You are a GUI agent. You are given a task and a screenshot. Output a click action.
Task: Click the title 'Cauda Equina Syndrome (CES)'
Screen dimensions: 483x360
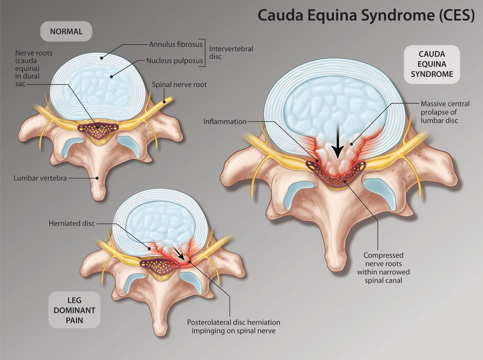point(366,16)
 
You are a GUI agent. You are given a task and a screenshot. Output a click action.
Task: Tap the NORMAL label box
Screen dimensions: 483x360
point(66,32)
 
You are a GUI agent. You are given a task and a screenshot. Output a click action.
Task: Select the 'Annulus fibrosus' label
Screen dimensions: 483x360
point(175,45)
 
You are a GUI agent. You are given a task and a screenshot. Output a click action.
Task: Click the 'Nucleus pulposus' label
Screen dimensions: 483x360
point(174,61)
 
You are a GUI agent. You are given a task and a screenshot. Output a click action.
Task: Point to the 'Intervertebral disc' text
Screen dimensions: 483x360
point(231,53)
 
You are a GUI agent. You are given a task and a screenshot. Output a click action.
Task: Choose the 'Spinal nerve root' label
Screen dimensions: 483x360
point(179,85)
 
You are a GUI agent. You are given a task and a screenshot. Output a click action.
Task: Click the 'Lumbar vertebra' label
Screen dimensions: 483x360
point(40,178)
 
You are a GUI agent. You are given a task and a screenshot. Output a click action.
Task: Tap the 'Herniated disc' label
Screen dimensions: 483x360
point(71,223)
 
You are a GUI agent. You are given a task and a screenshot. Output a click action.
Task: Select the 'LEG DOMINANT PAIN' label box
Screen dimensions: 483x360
point(74,310)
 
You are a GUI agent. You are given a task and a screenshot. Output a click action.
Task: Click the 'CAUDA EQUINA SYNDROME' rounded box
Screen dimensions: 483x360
point(432,64)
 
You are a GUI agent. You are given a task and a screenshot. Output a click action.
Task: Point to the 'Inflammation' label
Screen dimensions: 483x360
point(225,122)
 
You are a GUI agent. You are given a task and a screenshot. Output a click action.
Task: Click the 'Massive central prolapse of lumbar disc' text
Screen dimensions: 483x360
point(445,112)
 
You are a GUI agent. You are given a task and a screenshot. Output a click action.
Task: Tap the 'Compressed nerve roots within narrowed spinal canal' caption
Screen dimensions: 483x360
point(383,268)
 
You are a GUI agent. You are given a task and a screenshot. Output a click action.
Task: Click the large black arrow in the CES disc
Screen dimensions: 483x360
point(338,142)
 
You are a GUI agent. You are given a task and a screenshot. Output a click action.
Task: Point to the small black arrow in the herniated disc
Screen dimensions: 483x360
point(179,253)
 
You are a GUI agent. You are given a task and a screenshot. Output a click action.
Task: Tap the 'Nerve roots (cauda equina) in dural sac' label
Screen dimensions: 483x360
point(34,68)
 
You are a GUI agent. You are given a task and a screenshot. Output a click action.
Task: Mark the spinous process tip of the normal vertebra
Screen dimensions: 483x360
point(99,197)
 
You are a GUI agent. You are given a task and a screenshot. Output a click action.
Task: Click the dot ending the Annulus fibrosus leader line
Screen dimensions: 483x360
point(101,57)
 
